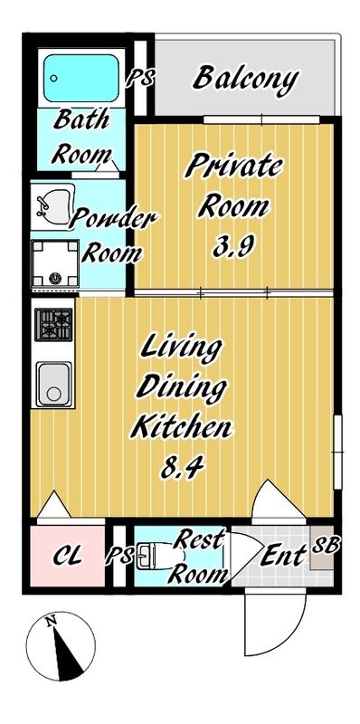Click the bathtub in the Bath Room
tap(81, 77)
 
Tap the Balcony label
tap(244, 80)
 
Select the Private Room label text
tap(233, 186)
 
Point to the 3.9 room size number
tap(233, 247)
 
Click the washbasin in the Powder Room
tap(53, 203)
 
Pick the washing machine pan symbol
tap(55, 262)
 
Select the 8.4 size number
tap(181, 467)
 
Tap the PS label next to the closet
tap(118, 554)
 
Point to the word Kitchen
tap(181, 426)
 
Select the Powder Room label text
tap(112, 233)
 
